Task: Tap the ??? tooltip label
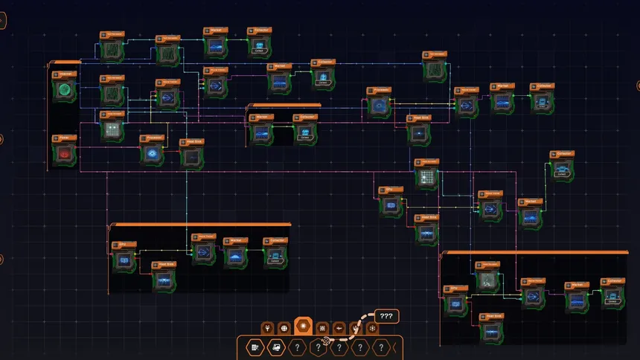(386, 315)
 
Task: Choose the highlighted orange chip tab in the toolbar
(304, 327)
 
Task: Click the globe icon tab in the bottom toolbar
(284, 327)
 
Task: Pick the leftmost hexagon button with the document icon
(255, 347)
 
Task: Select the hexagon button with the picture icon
(275, 347)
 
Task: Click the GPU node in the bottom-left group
(124, 260)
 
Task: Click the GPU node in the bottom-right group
(455, 304)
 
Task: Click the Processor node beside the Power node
(153, 152)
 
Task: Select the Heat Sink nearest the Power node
(191, 156)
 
